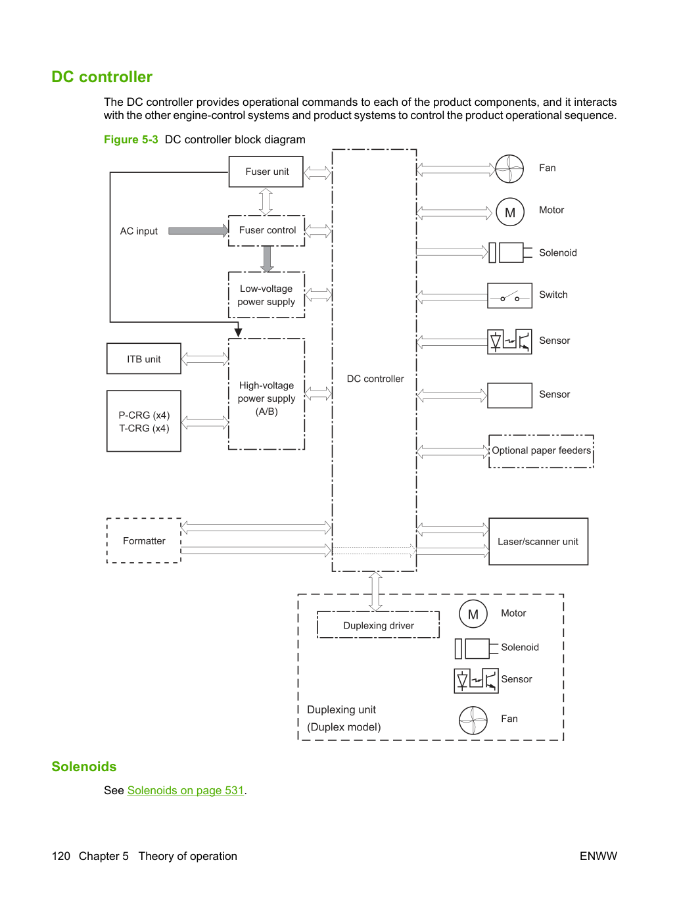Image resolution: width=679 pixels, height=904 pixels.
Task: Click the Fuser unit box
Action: point(266,172)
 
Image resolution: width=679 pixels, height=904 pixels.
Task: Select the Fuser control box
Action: point(266,231)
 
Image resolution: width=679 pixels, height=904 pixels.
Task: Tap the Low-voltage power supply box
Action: point(266,295)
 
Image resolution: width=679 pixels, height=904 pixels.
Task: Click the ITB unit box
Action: point(144,359)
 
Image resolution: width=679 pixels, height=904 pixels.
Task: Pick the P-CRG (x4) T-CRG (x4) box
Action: point(144,421)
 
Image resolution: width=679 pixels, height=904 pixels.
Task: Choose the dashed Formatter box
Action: point(144,540)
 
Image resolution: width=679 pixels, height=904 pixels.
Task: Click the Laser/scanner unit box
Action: point(538,541)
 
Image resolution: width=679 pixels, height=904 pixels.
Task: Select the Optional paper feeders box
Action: point(541,451)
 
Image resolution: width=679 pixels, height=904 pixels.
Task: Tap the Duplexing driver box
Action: point(378,625)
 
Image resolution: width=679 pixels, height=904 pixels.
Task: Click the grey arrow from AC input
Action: point(198,231)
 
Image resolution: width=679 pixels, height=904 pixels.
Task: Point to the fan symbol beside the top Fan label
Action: point(509,169)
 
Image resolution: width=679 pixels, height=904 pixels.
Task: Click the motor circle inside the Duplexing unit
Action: point(473,614)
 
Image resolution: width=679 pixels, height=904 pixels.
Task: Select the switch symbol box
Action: point(510,295)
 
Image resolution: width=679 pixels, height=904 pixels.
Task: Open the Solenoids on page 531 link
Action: point(186,790)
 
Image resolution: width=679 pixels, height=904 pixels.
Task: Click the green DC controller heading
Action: point(102,77)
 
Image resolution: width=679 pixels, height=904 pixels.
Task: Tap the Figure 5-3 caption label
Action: point(131,139)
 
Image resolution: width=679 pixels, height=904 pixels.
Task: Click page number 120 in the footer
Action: point(61,856)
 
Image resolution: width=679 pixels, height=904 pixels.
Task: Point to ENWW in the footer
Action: point(598,856)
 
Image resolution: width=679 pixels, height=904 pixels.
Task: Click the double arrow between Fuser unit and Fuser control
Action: point(266,201)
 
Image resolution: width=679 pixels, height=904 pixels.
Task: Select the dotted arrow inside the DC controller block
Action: point(374,551)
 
